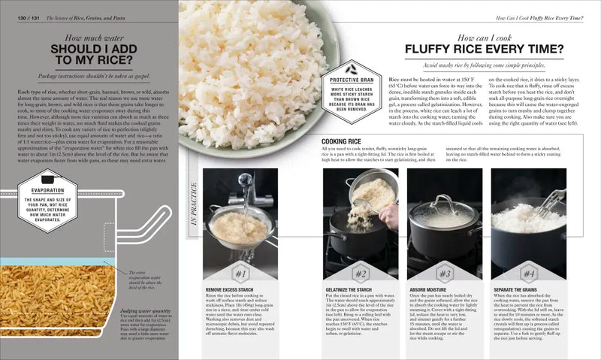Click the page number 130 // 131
[x=24, y=17]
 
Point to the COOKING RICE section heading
[x=343, y=141]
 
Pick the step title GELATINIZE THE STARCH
[x=351, y=289]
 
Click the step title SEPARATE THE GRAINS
[x=518, y=289]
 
